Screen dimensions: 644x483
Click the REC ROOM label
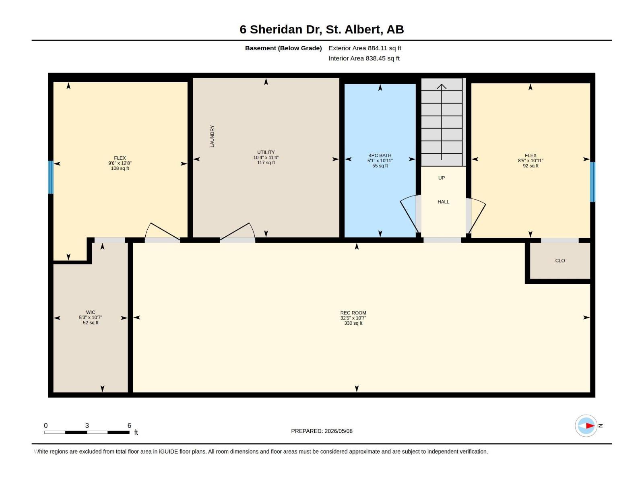[353, 313]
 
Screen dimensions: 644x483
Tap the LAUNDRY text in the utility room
[212, 136]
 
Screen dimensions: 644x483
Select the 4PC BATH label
[380, 155]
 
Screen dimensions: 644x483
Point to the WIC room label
[91, 312]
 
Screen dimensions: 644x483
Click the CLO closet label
[560, 261]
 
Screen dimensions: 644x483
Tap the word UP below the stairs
[441, 178]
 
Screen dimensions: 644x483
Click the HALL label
[443, 202]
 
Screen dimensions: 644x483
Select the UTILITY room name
[266, 153]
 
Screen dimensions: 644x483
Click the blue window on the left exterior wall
[51, 177]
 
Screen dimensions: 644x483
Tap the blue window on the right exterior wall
[592, 182]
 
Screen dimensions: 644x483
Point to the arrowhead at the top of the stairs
[441, 86]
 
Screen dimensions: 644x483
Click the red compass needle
[590, 425]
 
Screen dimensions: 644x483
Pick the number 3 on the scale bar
[87, 425]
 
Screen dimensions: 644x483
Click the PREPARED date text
[322, 431]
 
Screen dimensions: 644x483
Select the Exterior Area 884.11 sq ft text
[365, 48]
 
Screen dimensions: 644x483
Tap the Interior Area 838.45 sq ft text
[364, 58]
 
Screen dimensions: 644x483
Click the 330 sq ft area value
[353, 323]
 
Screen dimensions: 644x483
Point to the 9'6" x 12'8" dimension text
[120, 163]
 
